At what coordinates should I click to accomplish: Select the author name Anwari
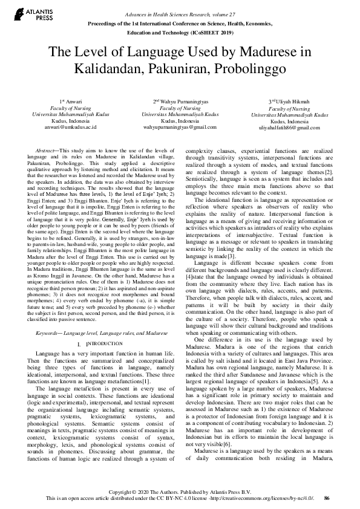coord(72,101)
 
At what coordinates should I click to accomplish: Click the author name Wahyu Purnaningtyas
coord(183,101)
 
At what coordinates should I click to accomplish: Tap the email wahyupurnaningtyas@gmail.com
coord(180,128)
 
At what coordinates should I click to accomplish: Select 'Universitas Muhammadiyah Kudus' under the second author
coord(180,114)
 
